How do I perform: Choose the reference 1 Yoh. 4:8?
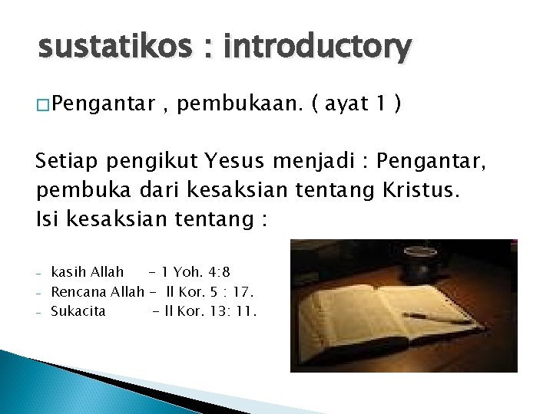click(196, 271)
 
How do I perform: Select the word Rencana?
click(79, 291)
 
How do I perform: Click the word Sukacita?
click(78, 311)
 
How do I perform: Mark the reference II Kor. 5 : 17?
click(210, 291)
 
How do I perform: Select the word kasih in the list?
click(68, 271)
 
